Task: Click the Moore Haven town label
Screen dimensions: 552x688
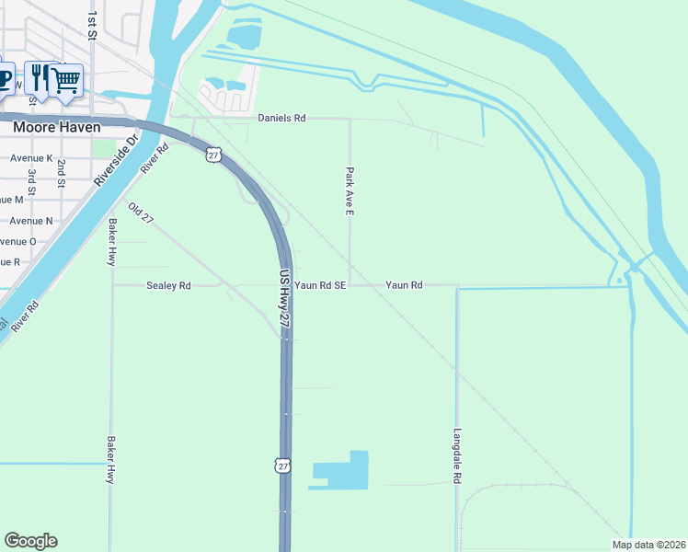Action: pos(56,127)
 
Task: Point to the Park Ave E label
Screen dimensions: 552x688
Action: pos(350,191)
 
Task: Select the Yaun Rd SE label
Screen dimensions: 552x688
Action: pos(320,286)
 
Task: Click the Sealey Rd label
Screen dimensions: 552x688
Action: pos(168,286)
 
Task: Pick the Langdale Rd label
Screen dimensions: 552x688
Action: pos(457,456)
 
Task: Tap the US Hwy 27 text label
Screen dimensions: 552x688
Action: pos(285,300)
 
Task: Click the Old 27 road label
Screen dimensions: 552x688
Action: pos(141,213)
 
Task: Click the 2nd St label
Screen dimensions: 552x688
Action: pos(62,174)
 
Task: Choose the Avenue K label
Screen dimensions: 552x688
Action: pos(31,158)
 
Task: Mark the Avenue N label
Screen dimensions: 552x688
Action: pos(31,221)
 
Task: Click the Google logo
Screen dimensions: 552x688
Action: pos(30,541)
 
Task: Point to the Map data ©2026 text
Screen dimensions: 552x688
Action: pos(648,545)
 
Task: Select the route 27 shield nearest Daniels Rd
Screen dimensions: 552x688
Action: pos(213,155)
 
